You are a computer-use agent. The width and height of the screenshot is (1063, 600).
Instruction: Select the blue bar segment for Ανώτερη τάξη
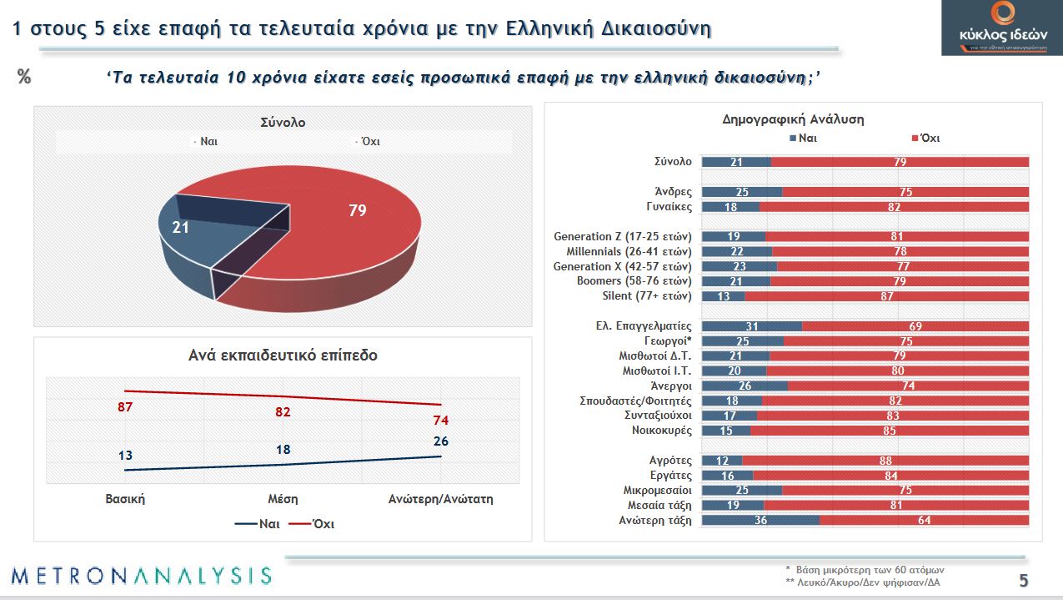coord(760,520)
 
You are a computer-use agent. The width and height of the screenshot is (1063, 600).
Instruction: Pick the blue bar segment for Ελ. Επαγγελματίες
coord(751,326)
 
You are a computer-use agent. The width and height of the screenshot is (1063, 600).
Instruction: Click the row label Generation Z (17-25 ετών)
coord(623,236)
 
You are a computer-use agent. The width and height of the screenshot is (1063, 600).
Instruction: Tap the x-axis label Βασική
coord(125,499)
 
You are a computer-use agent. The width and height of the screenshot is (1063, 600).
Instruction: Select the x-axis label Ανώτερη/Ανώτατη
coord(441,499)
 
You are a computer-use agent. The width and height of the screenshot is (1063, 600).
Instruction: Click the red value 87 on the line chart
coord(125,407)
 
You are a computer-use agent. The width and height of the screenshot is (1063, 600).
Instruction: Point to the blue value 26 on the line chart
coord(440,440)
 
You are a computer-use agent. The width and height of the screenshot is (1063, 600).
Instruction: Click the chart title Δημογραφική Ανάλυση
coord(792,119)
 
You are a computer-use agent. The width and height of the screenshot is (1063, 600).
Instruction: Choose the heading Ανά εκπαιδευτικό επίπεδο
coord(283,355)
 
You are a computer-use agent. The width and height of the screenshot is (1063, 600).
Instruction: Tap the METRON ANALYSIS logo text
coord(142,575)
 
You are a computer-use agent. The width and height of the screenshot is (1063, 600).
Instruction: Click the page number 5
coord(1023,581)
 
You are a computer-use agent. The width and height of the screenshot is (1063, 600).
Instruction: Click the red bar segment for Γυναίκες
coord(894,206)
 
